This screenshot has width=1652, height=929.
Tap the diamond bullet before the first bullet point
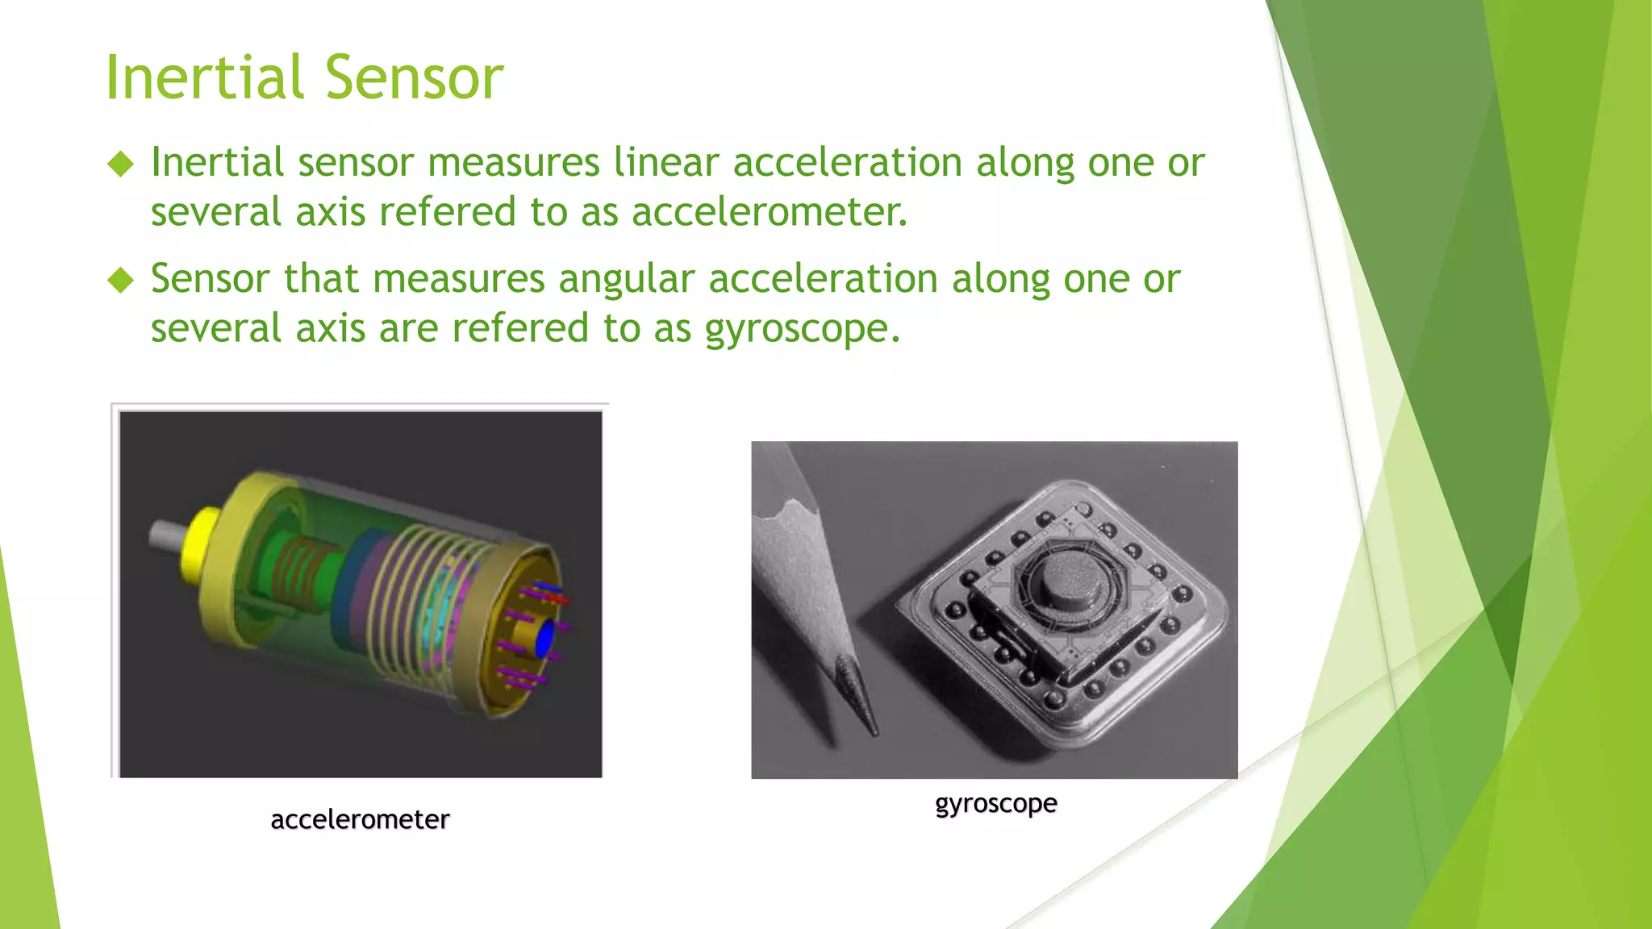click(121, 165)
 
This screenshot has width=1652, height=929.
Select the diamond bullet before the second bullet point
click(121, 281)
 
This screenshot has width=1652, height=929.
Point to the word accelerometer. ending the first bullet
click(770, 212)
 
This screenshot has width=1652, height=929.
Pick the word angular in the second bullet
click(627, 279)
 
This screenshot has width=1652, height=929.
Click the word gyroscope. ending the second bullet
click(802, 329)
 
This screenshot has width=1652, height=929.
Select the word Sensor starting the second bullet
click(210, 279)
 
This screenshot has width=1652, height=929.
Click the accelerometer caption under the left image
click(360, 819)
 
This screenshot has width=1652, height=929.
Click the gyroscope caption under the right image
click(996, 803)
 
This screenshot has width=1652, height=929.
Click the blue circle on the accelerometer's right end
click(545, 638)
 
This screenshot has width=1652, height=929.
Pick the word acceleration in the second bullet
click(824, 279)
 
